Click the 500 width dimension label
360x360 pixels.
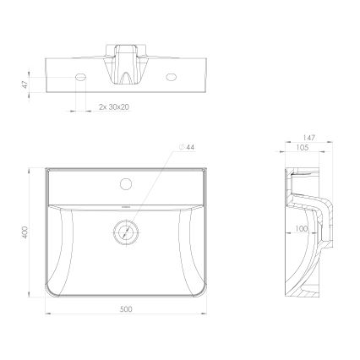pos(126,308)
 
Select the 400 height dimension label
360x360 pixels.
pos(28,231)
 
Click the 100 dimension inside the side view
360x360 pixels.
pos(301,228)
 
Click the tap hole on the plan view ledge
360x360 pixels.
pos(126,182)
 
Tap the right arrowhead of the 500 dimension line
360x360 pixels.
pos(206,314)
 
